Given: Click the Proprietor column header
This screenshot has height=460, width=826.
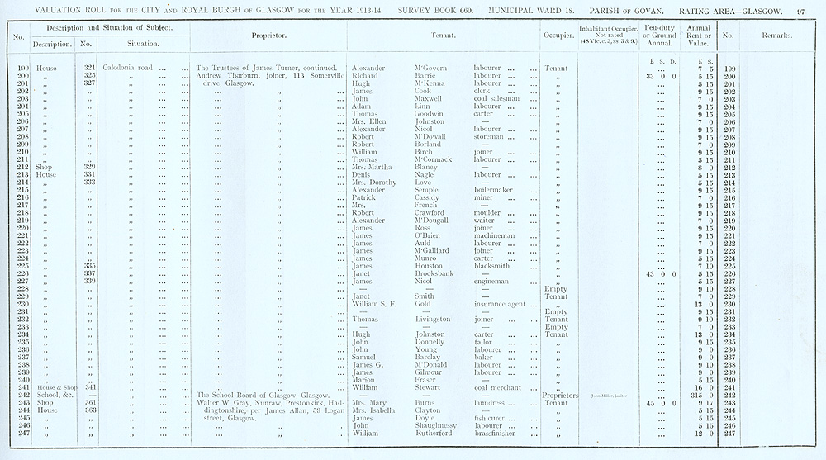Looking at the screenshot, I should [x=268, y=36].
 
